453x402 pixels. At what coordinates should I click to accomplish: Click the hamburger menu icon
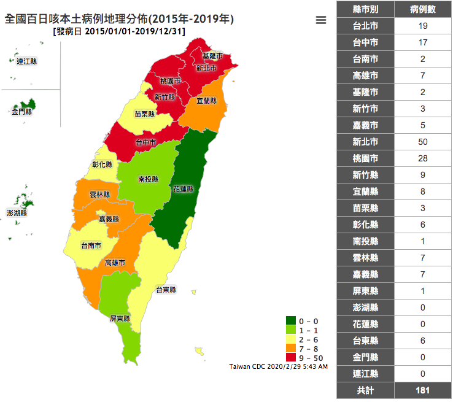coord(320,20)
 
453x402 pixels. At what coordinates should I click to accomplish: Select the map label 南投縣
coord(148,179)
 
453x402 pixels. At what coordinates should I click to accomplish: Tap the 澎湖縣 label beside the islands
coord(17,213)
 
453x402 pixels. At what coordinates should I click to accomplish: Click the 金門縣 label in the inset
coord(21,112)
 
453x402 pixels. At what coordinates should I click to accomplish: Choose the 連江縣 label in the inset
coord(27,61)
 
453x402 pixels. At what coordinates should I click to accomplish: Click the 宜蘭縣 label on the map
coord(207,100)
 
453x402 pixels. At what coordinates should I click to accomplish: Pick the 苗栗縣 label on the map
coord(145,114)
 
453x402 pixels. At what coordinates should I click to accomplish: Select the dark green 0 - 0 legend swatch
coord(291,321)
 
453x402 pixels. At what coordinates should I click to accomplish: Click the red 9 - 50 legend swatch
coord(291,358)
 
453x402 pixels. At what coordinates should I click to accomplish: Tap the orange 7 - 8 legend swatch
coord(291,349)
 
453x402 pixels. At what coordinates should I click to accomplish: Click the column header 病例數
coord(423,9)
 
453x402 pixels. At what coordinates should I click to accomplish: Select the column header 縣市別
coord(365,9)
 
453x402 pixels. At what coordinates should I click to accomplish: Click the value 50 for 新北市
coord(423,142)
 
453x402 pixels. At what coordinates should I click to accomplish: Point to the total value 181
coord(423,390)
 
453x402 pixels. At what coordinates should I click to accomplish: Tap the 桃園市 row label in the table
coord(365,158)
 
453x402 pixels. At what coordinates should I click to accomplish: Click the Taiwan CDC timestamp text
coord(278,366)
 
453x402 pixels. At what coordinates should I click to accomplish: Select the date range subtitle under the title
coord(119,31)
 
